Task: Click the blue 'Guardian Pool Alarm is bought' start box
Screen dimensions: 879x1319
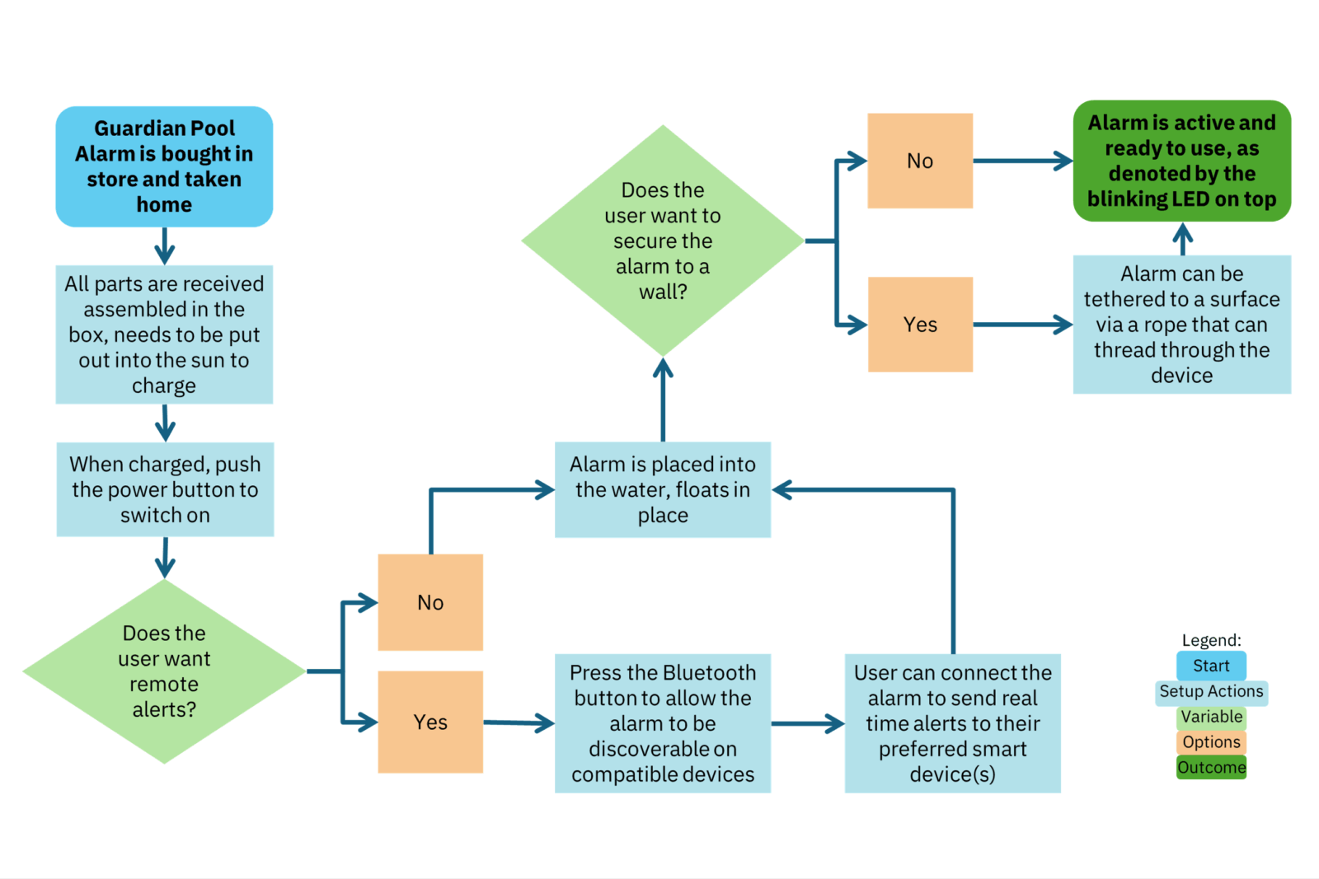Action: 164,166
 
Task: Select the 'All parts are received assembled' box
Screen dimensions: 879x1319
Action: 164,334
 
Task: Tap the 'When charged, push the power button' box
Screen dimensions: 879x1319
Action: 165,489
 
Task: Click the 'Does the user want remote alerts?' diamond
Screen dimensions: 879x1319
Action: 164,671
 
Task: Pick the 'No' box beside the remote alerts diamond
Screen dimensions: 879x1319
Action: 430,602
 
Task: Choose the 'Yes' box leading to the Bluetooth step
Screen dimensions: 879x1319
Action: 430,722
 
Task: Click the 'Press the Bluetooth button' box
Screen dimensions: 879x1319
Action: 663,723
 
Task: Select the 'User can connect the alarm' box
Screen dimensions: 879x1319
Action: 952,723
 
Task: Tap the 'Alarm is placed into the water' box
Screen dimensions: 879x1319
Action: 663,489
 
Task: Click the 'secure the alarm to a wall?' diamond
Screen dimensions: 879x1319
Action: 663,241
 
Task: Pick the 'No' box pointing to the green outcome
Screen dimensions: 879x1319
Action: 920,161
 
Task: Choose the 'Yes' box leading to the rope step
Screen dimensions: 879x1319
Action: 920,325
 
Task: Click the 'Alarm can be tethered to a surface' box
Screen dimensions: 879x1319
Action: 1181,325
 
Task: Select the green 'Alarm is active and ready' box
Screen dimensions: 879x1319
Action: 1181,161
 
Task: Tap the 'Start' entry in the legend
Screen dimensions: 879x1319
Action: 1211,666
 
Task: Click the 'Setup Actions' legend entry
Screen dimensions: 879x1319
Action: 1211,691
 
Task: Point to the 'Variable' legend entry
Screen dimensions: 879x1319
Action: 1211,717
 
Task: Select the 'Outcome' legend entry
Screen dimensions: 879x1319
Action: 1211,768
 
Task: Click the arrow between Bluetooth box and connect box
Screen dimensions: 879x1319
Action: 808,723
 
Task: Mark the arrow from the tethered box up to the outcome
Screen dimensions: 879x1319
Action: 1182,238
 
